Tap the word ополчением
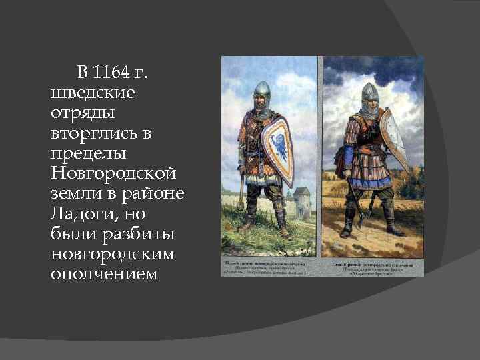tap(104, 275)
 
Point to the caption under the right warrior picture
tap(373, 267)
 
